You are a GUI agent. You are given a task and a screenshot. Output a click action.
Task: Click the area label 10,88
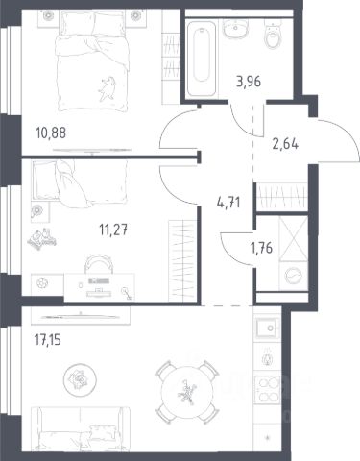tap(51, 133)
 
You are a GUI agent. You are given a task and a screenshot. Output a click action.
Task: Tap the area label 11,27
tap(113, 230)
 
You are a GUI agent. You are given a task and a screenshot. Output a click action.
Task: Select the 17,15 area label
tap(47, 340)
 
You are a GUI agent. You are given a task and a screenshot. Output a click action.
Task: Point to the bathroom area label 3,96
tap(249, 82)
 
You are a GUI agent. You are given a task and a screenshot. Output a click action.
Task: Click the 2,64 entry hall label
tap(285, 144)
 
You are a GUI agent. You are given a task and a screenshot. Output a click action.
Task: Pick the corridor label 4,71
tap(228, 203)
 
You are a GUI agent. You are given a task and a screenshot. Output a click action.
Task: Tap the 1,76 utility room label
tap(262, 248)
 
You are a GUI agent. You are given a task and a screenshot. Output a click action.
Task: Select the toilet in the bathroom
tap(273, 34)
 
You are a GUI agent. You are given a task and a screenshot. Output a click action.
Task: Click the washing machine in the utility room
tap(294, 276)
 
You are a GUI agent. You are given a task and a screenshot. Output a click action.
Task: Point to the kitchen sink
tap(268, 328)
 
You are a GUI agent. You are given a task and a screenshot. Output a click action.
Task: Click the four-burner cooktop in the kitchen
tap(268, 390)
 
